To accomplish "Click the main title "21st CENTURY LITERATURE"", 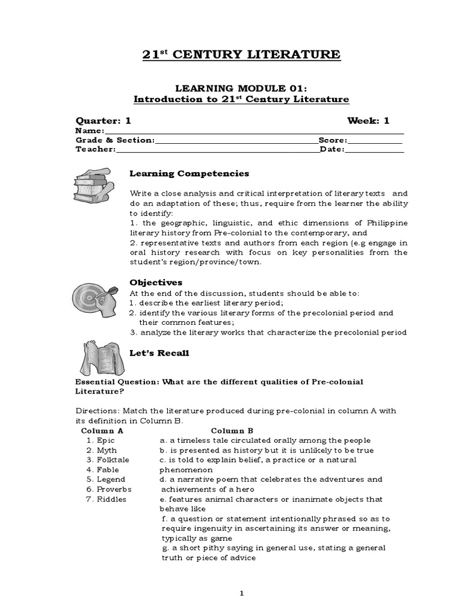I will coord(241,55).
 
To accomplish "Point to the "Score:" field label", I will coord(334,140).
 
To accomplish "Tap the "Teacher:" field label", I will coord(95,150).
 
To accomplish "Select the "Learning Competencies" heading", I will coord(189,173).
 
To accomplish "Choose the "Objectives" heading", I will coord(156,282).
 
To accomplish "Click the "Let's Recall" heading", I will coord(159,353).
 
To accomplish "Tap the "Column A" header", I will coord(102,431).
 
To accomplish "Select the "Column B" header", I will coord(232,431).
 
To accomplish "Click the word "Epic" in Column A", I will coord(105,440).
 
